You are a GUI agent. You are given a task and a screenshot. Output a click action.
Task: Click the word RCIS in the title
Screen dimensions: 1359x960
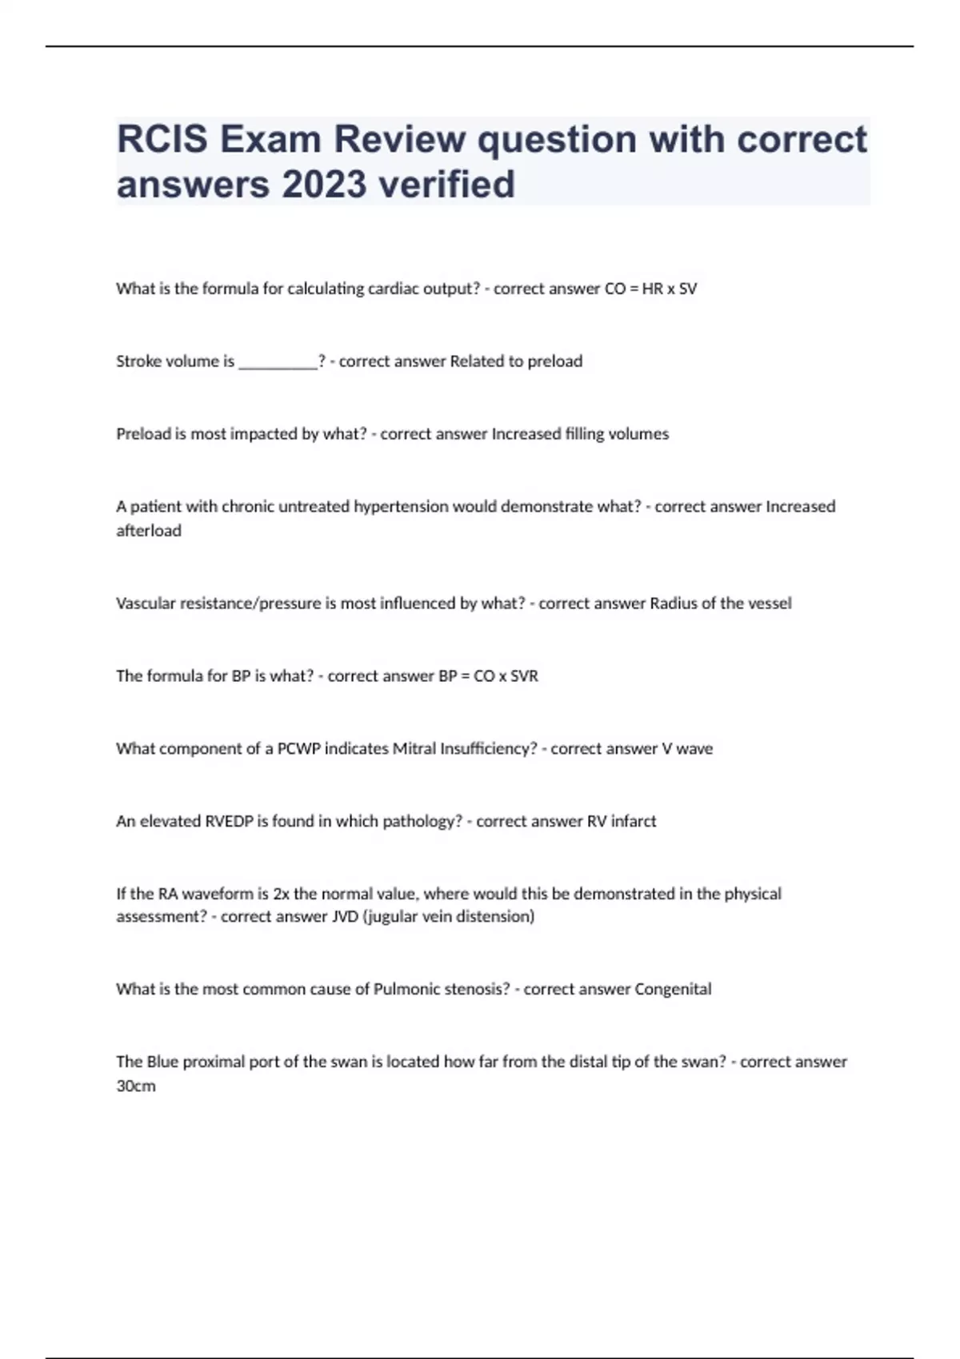pos(162,140)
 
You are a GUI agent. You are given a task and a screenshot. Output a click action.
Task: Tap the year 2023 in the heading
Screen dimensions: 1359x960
pos(324,185)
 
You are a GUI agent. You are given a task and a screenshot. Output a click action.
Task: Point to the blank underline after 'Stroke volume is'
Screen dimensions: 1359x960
pos(278,362)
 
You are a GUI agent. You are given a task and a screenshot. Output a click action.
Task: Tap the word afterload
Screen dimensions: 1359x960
pos(149,531)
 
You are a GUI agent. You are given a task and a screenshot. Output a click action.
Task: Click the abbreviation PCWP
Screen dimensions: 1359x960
pos(298,749)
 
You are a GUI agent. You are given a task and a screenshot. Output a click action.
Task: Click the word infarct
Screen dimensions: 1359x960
pos(634,821)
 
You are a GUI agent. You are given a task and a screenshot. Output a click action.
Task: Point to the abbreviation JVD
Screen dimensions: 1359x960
pos(345,917)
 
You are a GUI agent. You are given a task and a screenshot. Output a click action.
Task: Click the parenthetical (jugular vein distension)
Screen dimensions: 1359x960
pos(449,917)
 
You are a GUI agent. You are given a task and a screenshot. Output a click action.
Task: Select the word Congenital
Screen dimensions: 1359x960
pos(673,990)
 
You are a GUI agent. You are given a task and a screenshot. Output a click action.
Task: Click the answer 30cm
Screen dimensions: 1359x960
pos(136,1086)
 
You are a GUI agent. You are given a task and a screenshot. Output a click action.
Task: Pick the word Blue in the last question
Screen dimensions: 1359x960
pos(162,1062)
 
